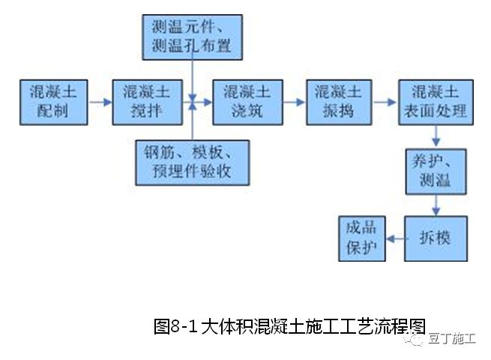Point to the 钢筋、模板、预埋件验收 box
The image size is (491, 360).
pyautogui.click(x=193, y=161)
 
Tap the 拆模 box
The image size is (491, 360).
pyautogui.click(x=434, y=238)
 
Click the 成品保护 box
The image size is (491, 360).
pyautogui.click(x=361, y=238)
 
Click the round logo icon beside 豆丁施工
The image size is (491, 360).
pyautogui.click(x=416, y=339)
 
